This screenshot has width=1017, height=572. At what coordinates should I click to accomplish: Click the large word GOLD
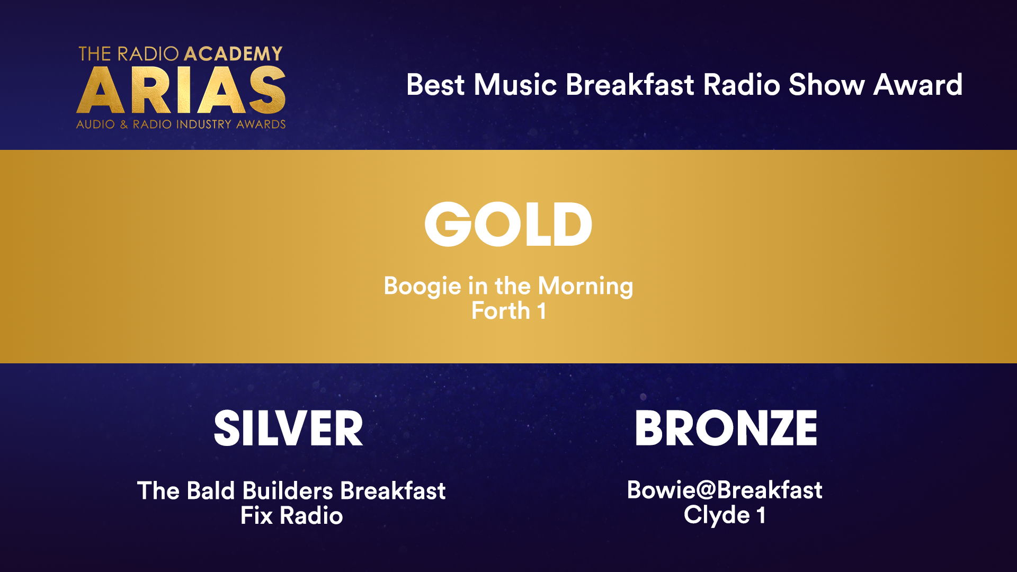(x=508, y=224)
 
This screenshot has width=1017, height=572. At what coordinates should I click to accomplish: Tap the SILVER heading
(x=289, y=428)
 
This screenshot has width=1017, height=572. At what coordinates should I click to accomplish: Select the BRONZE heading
(x=726, y=428)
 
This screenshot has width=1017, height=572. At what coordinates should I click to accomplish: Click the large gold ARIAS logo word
(x=181, y=90)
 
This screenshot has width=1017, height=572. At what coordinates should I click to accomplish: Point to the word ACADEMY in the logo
(x=233, y=53)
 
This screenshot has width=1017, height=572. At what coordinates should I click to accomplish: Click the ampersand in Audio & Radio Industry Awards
(x=124, y=124)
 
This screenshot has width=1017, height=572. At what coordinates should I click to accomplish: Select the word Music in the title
(x=515, y=85)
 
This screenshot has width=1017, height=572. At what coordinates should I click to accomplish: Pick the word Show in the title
(x=826, y=85)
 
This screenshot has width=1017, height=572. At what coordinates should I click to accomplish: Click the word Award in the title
(x=917, y=85)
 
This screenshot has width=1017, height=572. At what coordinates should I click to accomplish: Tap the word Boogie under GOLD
(x=422, y=287)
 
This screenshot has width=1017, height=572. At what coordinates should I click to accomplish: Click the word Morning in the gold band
(x=585, y=287)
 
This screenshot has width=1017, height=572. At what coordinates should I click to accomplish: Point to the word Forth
(x=501, y=311)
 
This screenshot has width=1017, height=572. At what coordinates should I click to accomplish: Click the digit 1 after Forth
(x=541, y=311)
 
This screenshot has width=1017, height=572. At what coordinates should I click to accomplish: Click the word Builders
(x=288, y=491)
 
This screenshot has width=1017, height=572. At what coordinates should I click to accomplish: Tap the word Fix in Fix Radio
(x=256, y=516)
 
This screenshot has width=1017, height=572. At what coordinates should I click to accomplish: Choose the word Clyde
(x=716, y=515)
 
